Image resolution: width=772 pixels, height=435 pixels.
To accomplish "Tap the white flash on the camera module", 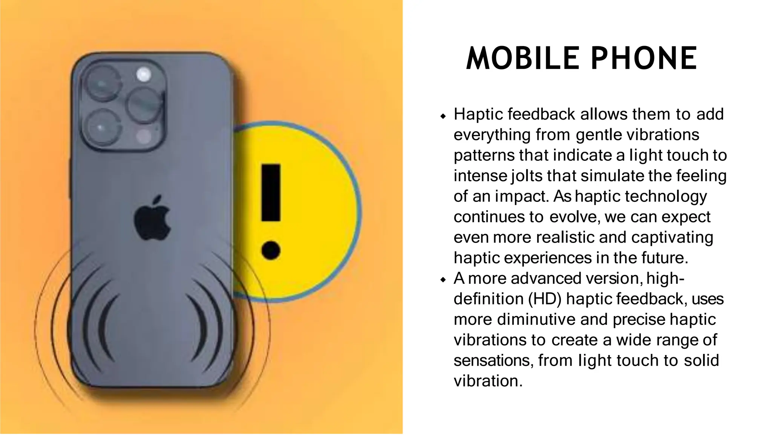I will [144, 74].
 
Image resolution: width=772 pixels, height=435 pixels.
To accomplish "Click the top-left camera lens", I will [101, 83].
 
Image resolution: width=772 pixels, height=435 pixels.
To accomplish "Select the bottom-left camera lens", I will [101, 128].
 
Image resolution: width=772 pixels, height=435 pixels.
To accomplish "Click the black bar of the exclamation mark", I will [271, 192].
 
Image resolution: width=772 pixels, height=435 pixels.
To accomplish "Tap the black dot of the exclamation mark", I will [271, 250].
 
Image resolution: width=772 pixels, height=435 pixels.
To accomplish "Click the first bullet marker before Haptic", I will [443, 115].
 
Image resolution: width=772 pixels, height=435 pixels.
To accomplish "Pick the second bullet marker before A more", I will [443, 280].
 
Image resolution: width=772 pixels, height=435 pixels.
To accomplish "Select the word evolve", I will [574, 217].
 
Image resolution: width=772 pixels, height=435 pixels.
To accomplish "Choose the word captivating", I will [672, 238].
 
